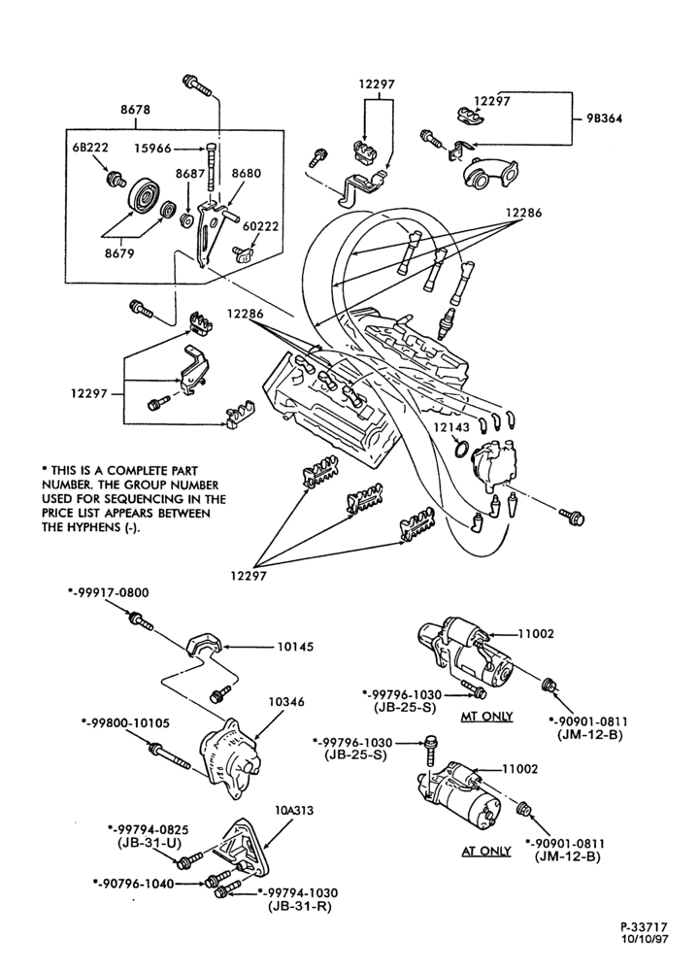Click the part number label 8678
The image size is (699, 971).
point(135,110)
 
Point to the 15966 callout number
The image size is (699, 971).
point(153,149)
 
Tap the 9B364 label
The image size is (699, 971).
point(604,118)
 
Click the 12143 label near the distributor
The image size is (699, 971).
point(450,427)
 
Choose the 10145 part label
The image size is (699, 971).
point(295,647)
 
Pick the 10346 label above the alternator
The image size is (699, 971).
point(286,702)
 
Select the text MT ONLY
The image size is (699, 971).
point(487,717)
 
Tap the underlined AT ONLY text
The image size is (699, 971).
point(486,851)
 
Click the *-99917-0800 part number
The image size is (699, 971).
point(108,592)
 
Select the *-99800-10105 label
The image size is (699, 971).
point(125,722)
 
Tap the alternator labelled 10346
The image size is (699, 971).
point(228,758)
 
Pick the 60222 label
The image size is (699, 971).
point(260,226)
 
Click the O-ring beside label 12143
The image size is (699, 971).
point(460,449)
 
